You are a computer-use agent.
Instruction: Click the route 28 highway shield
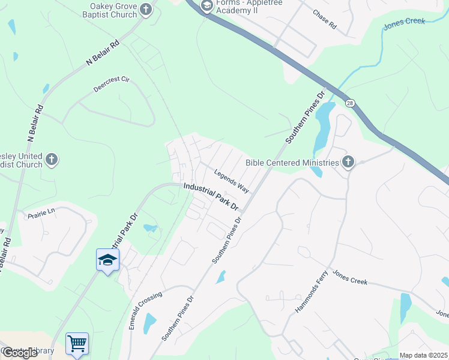349,103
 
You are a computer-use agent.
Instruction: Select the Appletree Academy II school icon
207,7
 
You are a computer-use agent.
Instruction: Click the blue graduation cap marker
108,260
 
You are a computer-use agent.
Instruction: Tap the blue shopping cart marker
77,344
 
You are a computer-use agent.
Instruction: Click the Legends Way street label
232,179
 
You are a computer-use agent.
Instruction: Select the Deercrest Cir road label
112,84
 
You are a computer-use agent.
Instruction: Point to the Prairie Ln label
41,212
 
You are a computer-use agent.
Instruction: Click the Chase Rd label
324,20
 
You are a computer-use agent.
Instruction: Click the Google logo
20,353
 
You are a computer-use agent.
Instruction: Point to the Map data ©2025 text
424,355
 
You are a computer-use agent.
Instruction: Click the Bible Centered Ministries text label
292,162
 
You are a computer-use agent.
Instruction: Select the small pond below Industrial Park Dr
151,228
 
